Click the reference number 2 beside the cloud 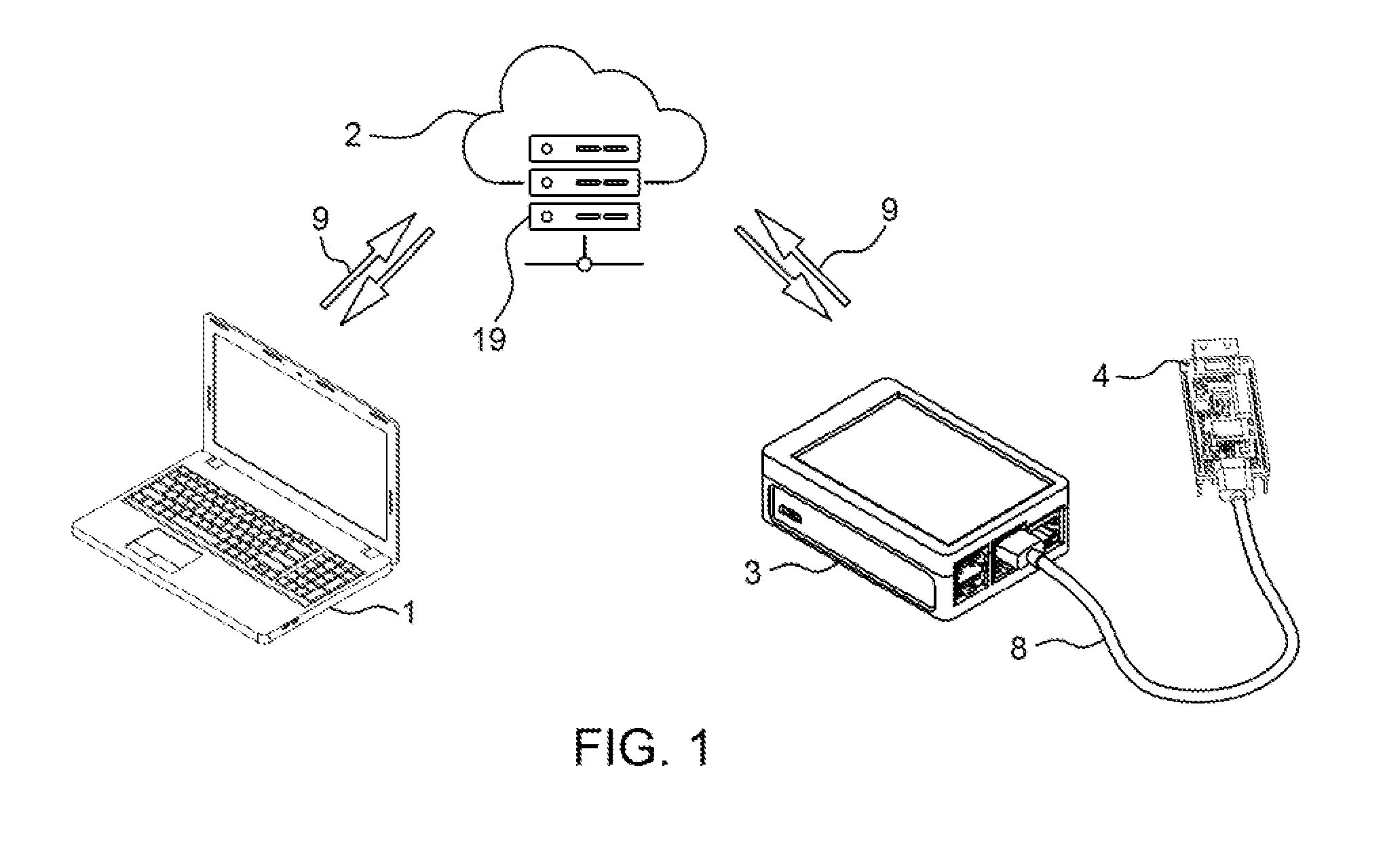353,134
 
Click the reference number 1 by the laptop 409,612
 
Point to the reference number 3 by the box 753,572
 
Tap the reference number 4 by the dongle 1100,374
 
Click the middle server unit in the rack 584,183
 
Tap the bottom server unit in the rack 584,217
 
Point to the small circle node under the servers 584,264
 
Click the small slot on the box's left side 792,512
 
